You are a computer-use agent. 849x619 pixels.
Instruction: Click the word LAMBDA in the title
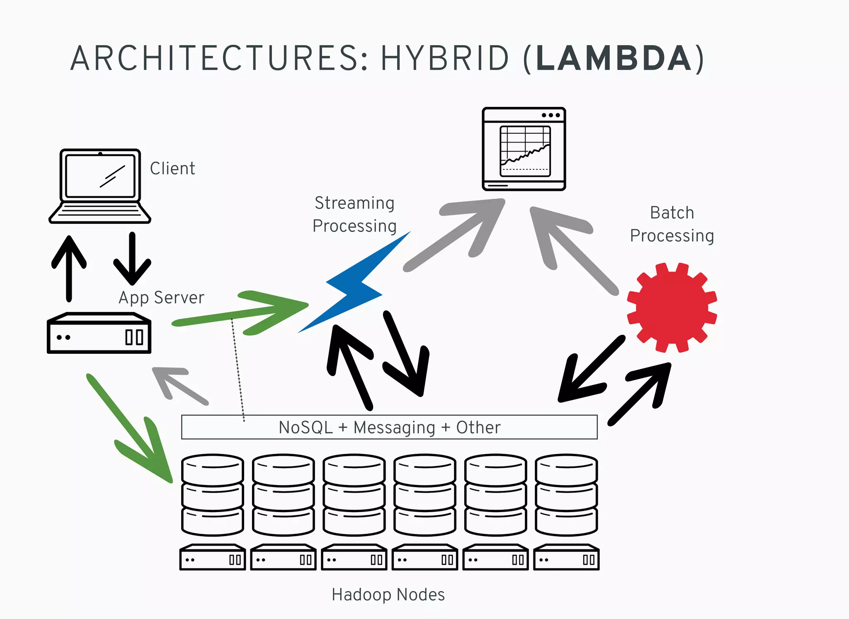coord(614,59)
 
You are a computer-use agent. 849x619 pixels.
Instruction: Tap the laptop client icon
coord(99,186)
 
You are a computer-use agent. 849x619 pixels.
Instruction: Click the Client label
coord(172,169)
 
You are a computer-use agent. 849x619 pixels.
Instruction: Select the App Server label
coord(161,298)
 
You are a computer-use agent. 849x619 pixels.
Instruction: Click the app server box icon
coord(99,334)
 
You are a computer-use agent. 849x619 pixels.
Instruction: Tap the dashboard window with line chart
coord(524,149)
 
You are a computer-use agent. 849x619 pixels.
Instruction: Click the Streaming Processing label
coord(354,215)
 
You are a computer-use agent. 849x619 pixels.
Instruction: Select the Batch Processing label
coord(672,224)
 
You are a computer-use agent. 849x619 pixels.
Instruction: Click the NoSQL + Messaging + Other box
coord(389,427)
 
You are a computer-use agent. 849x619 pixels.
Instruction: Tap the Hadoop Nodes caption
coord(388,595)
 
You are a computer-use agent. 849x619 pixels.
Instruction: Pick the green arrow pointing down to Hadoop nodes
coord(133,431)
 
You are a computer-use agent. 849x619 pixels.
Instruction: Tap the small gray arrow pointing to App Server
coord(178,383)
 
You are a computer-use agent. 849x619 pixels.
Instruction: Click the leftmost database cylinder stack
coord(213,495)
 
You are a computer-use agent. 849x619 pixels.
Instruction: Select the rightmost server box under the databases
coord(566,558)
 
